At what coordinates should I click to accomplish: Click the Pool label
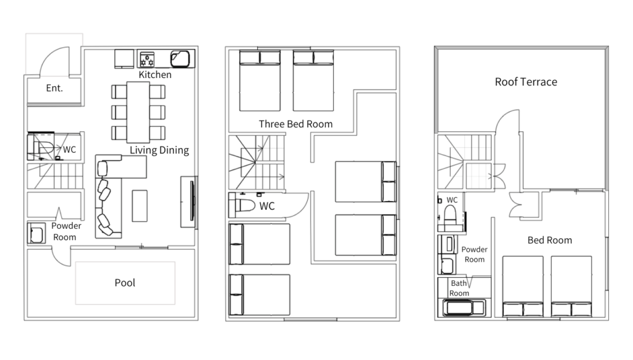[125, 283]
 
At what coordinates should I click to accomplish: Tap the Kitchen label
[155, 75]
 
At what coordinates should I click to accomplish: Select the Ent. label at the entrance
[54, 88]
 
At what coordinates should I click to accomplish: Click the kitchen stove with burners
[147, 59]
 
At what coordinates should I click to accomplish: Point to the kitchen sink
[180, 59]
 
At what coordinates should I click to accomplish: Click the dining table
[138, 113]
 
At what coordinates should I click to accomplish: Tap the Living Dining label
[159, 150]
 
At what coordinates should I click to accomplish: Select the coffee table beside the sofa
[140, 205]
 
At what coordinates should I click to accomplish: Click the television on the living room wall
[192, 201]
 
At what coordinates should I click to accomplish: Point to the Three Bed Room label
[295, 124]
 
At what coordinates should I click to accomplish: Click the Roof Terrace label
[526, 82]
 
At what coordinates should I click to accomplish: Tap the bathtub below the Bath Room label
[464, 307]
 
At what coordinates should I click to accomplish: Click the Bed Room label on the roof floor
[550, 241]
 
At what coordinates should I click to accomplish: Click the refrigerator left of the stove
[124, 59]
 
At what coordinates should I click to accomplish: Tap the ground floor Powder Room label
[66, 231]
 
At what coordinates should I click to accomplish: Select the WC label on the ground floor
[69, 150]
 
